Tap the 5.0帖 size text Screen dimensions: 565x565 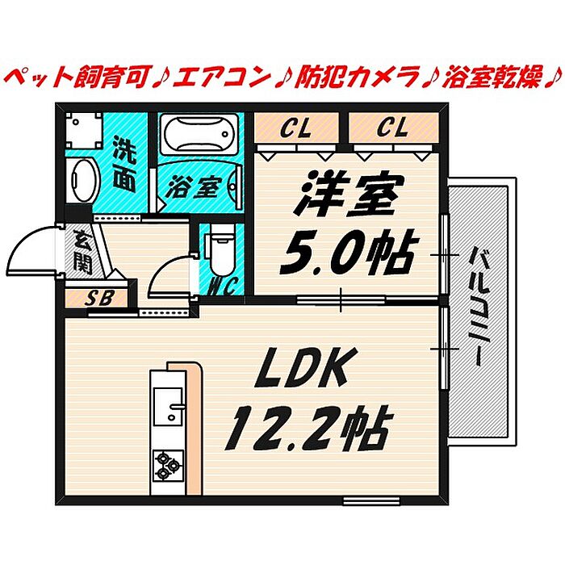346,253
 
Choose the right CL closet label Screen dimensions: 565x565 392,127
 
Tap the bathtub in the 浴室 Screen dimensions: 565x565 197,132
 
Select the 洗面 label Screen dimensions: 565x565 123,163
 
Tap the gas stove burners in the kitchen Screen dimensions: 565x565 167,465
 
